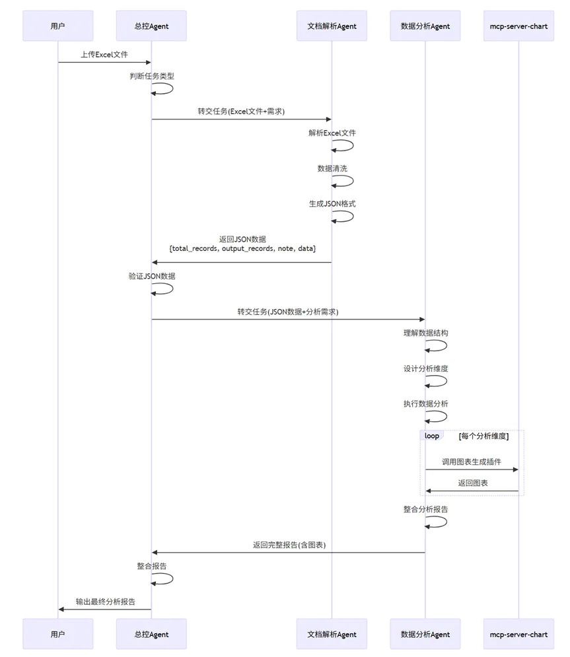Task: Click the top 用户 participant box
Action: [57, 26]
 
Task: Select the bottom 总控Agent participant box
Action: [151, 634]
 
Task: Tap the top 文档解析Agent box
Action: [332, 26]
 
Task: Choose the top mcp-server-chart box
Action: [518, 26]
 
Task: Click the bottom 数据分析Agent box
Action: [425, 634]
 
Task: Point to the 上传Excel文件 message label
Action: [104, 54]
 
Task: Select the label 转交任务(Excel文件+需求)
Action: [241, 111]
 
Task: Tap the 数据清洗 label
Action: [332, 168]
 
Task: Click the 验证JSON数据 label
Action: [151, 276]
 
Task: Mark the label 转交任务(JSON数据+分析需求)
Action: [288, 311]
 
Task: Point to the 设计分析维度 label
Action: [425, 368]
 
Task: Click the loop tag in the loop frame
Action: [432, 436]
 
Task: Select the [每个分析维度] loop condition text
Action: [483, 436]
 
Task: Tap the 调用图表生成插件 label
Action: [472, 462]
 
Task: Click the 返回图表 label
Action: [473, 483]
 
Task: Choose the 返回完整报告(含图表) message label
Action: [289, 545]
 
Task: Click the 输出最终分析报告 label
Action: [106, 602]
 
